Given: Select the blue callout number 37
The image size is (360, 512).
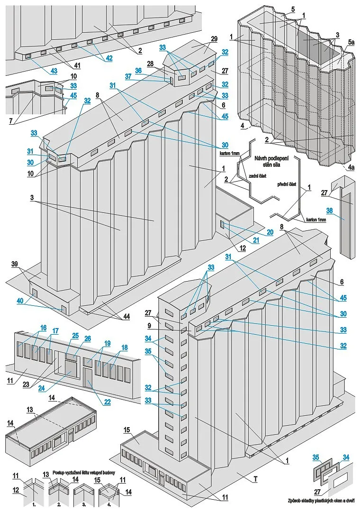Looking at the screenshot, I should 127,76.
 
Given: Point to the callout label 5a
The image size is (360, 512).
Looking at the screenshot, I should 350,42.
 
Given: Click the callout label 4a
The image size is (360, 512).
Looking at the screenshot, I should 350,168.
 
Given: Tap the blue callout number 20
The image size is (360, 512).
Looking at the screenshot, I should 270,232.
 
